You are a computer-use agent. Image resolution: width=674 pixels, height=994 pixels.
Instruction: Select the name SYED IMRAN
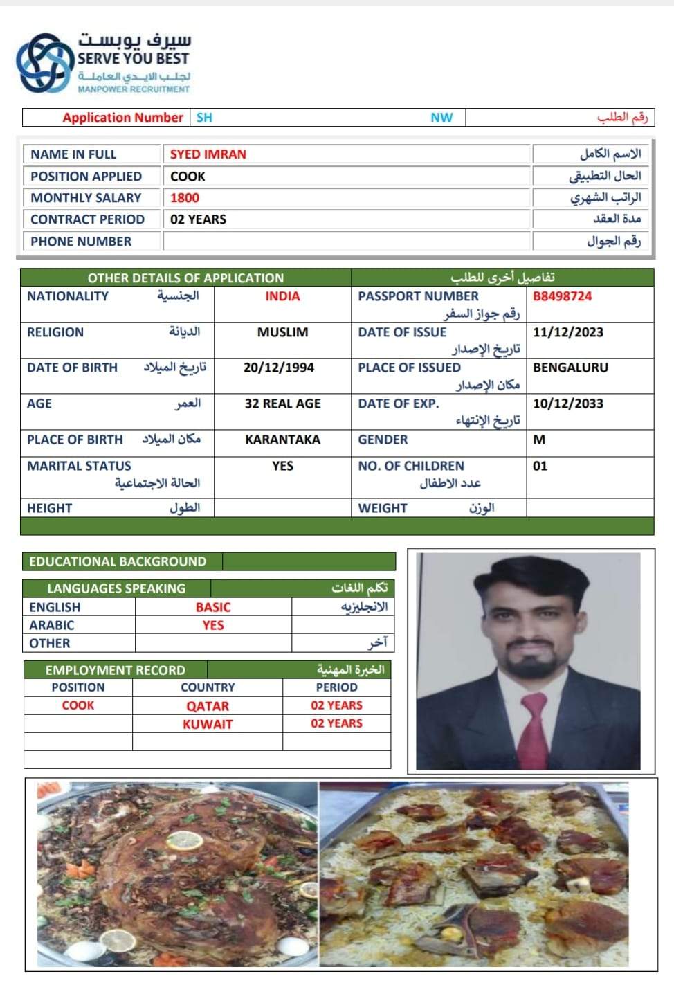point(208,154)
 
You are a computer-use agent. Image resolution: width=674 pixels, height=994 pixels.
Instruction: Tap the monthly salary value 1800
point(185,198)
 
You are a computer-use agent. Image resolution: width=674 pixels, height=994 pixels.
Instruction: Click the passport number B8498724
point(562,296)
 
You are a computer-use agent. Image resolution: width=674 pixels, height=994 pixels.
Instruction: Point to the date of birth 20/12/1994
point(278,368)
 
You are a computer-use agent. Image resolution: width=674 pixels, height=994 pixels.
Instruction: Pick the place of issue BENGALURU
point(570,368)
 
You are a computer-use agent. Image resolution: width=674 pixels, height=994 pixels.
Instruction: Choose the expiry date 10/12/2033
point(567,404)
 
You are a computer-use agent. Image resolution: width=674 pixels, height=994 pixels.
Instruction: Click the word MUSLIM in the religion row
point(282,332)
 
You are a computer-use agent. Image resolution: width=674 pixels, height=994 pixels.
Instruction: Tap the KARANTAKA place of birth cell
point(282,440)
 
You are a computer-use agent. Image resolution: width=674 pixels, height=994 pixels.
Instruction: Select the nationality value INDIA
point(282,296)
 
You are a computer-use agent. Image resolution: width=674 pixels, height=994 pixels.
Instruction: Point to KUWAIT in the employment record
point(208,724)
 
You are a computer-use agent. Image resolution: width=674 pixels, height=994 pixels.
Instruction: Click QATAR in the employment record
point(208,706)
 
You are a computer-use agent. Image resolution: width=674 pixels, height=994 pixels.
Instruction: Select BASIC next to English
point(213,607)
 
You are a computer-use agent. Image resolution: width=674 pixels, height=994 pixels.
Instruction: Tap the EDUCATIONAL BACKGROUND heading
point(118,561)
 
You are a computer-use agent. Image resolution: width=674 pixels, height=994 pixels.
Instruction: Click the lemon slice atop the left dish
point(185,840)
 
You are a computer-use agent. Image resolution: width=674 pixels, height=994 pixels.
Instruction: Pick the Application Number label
point(122,118)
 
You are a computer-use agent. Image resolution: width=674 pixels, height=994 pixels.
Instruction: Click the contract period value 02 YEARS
point(198,219)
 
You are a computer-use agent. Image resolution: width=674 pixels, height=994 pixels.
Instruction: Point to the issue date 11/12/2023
point(567,332)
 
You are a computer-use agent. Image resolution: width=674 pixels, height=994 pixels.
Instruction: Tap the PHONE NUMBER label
point(81,242)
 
